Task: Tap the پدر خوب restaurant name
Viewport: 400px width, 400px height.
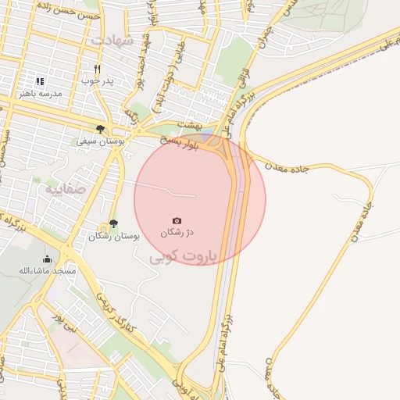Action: click(99, 80)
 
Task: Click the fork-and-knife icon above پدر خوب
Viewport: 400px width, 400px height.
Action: click(98, 69)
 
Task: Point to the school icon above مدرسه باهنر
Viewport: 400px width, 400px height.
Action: click(40, 80)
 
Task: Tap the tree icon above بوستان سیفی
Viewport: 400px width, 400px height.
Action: click(100, 130)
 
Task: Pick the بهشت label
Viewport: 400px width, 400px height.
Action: click(190, 125)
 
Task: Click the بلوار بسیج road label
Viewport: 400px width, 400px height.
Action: click(180, 142)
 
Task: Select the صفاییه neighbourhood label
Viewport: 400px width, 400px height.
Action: click(62, 188)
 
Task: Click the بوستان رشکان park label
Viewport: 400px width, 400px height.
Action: click(114, 235)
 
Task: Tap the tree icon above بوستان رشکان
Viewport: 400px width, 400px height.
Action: click(114, 223)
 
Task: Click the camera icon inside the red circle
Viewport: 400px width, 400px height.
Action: click(177, 221)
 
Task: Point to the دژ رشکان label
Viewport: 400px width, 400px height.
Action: click(177, 233)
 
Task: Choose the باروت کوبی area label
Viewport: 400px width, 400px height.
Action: click(186, 255)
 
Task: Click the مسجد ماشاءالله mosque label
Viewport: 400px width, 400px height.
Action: click(48, 270)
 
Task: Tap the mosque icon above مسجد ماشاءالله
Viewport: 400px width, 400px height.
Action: click(47, 259)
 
